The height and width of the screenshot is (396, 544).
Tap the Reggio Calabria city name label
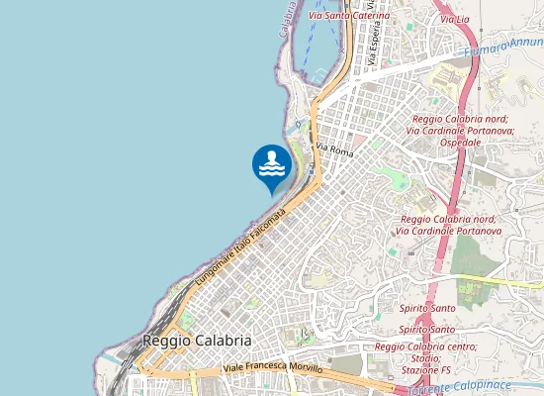pyautogui.click(x=197, y=340)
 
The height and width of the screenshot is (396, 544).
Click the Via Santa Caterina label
pyautogui.click(x=349, y=16)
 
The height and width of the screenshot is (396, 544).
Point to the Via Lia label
pyautogui.click(x=454, y=20)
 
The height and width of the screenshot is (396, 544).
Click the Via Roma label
pyautogui.click(x=334, y=149)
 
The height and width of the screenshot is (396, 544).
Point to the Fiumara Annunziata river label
pyautogui.click(x=504, y=47)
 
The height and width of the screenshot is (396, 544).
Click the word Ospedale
pyautogui.click(x=461, y=142)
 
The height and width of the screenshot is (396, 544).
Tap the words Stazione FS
pyautogui.click(x=425, y=370)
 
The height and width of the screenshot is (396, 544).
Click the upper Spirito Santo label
pyautogui.click(x=427, y=309)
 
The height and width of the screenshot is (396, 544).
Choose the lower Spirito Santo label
pyautogui.click(x=427, y=329)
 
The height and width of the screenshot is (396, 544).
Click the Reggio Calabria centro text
pyautogui.click(x=425, y=346)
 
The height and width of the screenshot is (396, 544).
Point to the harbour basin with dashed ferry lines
pyautogui.click(x=320, y=40)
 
